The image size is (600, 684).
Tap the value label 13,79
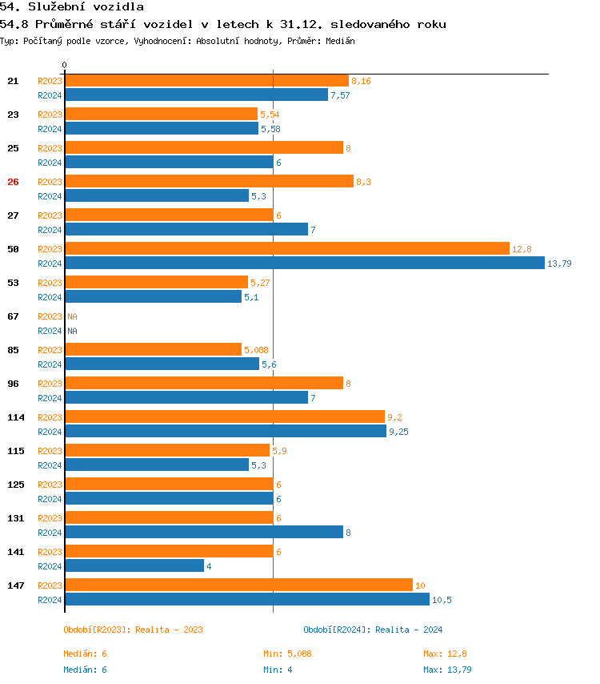click(x=559, y=264)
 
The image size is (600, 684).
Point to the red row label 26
click(x=13, y=182)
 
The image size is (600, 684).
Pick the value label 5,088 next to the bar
click(x=257, y=350)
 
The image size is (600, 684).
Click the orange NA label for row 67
click(x=72, y=316)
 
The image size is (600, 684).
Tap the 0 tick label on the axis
click(x=65, y=65)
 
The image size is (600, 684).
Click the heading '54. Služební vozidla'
click(x=72, y=7)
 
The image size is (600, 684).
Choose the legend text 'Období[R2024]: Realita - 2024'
click(x=373, y=630)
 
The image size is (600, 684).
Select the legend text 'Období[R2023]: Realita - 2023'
click(x=133, y=630)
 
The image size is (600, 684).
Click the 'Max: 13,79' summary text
click(x=447, y=670)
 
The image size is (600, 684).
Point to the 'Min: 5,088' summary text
click(x=287, y=654)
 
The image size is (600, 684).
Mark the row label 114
click(x=16, y=417)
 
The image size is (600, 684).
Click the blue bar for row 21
click(x=196, y=95)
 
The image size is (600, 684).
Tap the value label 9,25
click(x=398, y=432)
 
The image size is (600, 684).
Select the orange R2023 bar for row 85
click(x=153, y=350)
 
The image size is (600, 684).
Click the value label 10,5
click(x=442, y=600)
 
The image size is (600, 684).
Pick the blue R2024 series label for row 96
click(x=50, y=398)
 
